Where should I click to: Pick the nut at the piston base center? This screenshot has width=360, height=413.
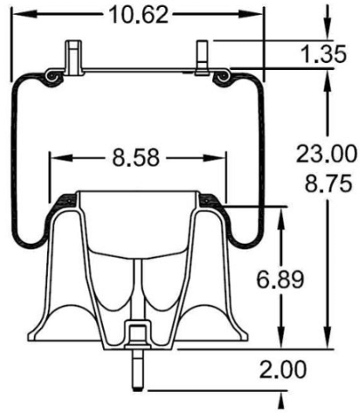click(138, 332)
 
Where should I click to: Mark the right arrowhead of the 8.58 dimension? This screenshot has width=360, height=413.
click(219, 158)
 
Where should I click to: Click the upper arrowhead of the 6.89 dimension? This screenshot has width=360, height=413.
click(280, 214)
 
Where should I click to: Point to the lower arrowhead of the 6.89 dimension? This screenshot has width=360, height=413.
click(280, 342)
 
